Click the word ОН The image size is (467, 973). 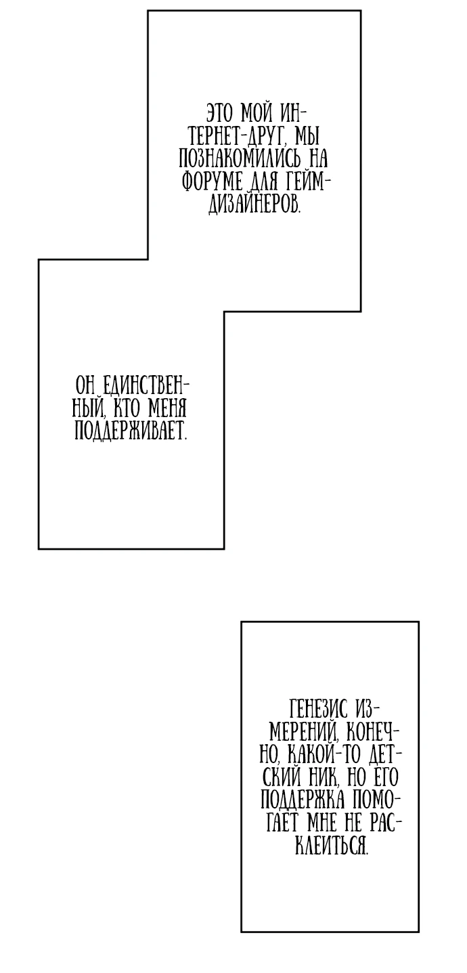(83, 385)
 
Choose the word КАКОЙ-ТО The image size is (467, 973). (324, 757)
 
